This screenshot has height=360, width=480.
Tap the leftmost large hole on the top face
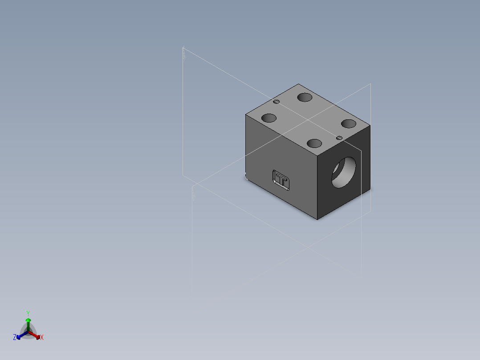pos(268,119)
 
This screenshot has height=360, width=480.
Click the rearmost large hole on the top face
pos(305,97)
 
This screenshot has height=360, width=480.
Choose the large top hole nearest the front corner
pos(314,143)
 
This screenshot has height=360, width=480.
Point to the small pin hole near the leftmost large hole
pos(277,102)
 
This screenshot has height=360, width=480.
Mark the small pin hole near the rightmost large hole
pos(339,138)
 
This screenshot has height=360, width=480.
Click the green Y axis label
pos(28,313)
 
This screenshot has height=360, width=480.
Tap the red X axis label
pos(42,338)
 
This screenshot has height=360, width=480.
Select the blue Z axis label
pos(15,337)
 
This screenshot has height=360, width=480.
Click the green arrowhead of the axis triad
pos(28,320)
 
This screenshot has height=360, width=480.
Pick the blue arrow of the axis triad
pos(20,335)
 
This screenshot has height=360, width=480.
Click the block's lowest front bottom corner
pos(317,220)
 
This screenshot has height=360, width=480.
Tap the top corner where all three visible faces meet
pos(317,157)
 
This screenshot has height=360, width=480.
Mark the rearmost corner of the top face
pos(298,84)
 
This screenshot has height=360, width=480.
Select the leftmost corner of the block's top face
pos(246,115)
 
